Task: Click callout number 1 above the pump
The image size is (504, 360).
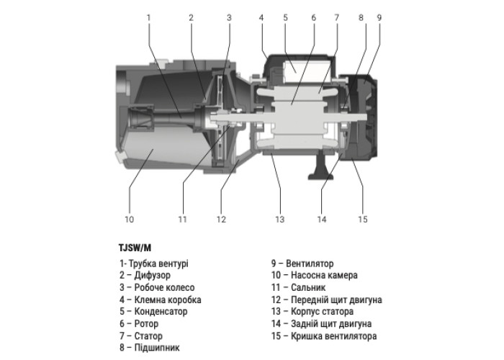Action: (148, 17)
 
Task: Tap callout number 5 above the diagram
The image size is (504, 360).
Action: (285, 17)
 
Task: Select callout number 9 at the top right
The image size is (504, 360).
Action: (379, 17)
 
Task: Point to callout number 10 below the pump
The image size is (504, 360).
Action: (130, 219)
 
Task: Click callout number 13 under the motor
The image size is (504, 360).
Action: (280, 219)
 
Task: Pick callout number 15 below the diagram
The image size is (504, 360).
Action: (363, 219)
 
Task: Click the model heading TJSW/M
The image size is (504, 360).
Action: (135, 248)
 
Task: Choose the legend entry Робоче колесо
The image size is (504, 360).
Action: (153, 287)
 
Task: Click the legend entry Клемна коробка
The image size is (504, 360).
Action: (161, 300)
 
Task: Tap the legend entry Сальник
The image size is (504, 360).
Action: (301, 287)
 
